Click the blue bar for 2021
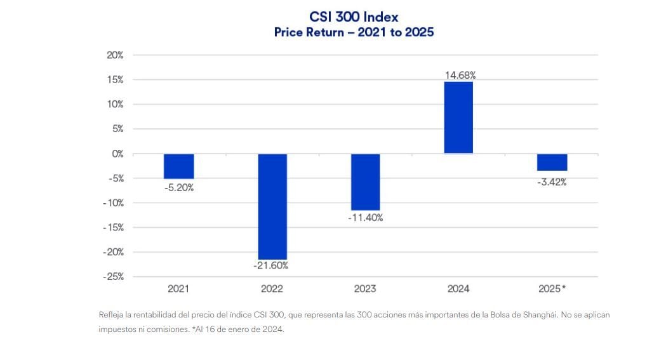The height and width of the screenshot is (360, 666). point(178,166)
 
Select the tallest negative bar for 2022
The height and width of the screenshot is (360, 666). point(272,206)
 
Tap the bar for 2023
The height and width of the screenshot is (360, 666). point(365,182)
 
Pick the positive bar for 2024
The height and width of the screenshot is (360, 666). point(458,117)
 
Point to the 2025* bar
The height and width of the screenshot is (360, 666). point(552,163)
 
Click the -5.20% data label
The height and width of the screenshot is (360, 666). point(178,188)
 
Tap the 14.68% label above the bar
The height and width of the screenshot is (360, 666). point(460,75)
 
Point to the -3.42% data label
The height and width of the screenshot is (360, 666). point(551,182)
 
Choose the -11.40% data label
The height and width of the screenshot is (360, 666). point(365,218)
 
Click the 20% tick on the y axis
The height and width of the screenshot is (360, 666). point(115,55)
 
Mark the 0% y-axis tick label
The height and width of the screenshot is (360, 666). point(117,154)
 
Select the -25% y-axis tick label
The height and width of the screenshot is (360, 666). point(114,277)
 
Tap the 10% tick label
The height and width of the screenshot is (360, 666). point(115,104)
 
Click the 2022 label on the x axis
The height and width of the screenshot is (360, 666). point(272,289)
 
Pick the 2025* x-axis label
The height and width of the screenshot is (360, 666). point(551,289)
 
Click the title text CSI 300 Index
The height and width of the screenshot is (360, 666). point(354,17)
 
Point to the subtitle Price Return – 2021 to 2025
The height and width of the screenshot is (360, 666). point(354,32)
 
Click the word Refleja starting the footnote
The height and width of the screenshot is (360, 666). point(112,315)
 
